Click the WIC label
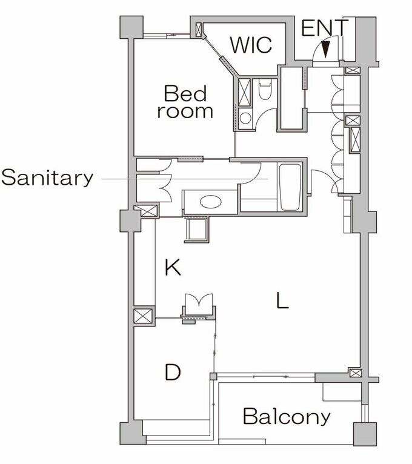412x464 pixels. click(x=251, y=45)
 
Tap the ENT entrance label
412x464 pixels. click(x=325, y=28)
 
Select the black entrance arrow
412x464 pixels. click(x=325, y=49)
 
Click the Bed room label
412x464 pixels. click(x=185, y=102)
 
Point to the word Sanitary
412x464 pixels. click(x=47, y=177)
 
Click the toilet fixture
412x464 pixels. click(x=265, y=89)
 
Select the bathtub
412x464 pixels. click(x=290, y=187)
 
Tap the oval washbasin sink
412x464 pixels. click(x=210, y=202)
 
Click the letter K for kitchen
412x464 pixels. click(x=173, y=267)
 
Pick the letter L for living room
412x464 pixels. click(x=282, y=300)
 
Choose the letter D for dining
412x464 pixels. click(x=173, y=372)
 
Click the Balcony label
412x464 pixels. click(x=287, y=416)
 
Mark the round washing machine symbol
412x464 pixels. click(x=245, y=118)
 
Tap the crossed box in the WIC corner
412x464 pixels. click(x=199, y=30)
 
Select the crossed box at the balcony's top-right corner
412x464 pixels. click(x=355, y=373)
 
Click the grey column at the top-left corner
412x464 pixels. click(x=131, y=27)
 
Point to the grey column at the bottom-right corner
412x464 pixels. click(x=365, y=434)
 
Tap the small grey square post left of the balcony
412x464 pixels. click(x=213, y=377)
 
